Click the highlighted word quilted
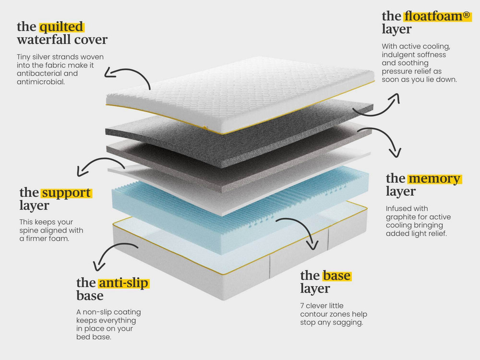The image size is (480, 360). coord(61,26)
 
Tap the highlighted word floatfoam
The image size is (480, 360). coord(433,16)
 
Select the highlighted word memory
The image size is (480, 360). coord(434,178)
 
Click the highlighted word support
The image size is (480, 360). coord(66,193)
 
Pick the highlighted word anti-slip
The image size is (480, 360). coord(123,283)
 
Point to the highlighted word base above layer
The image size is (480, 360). coord(336,276)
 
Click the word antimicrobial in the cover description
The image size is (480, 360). coord(41,82)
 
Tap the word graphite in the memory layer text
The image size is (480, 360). coord(399,217)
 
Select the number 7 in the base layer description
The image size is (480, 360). coord(302,306)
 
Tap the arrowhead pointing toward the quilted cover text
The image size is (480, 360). coord(108,73)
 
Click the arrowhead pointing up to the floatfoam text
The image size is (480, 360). coord(396,98)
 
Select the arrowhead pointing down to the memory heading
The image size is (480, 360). coord(396,153)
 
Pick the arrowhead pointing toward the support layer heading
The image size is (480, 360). coord(82,172)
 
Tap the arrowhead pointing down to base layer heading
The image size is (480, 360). coord(313,245)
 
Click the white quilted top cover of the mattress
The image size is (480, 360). coord(240,92)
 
